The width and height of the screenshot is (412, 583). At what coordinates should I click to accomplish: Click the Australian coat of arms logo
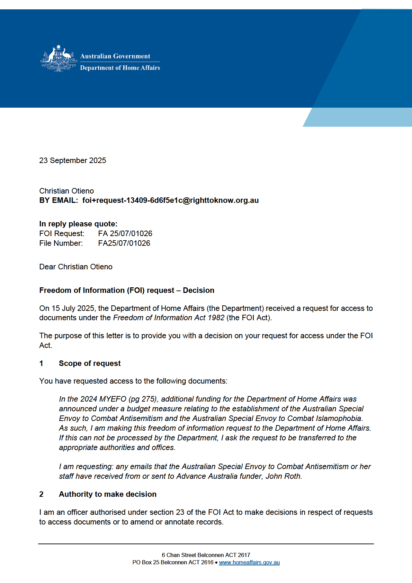[59, 59]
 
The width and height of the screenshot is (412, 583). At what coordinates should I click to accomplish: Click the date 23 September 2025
[73, 161]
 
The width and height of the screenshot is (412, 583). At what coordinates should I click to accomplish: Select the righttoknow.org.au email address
[170, 200]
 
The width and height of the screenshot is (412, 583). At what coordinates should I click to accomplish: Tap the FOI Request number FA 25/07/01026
[125, 234]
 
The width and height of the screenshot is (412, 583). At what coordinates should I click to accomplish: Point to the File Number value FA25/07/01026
[124, 243]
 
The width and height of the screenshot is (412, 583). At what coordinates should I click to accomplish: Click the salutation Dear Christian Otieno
[76, 267]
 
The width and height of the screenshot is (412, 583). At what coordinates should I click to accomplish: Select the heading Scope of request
[90, 364]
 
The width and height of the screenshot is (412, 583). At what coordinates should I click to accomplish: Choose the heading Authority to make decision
[108, 494]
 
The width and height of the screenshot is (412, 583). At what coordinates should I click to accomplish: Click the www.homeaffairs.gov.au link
[249, 563]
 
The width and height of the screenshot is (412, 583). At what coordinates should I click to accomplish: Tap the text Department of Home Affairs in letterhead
[120, 68]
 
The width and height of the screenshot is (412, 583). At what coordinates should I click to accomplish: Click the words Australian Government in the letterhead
[115, 56]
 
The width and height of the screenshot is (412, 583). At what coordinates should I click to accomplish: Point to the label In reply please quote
[78, 224]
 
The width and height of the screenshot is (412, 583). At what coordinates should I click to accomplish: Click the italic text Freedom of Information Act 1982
[169, 318]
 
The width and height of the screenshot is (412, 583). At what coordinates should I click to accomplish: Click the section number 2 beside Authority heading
[41, 494]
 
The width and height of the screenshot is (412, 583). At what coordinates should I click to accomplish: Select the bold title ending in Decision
[127, 290]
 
